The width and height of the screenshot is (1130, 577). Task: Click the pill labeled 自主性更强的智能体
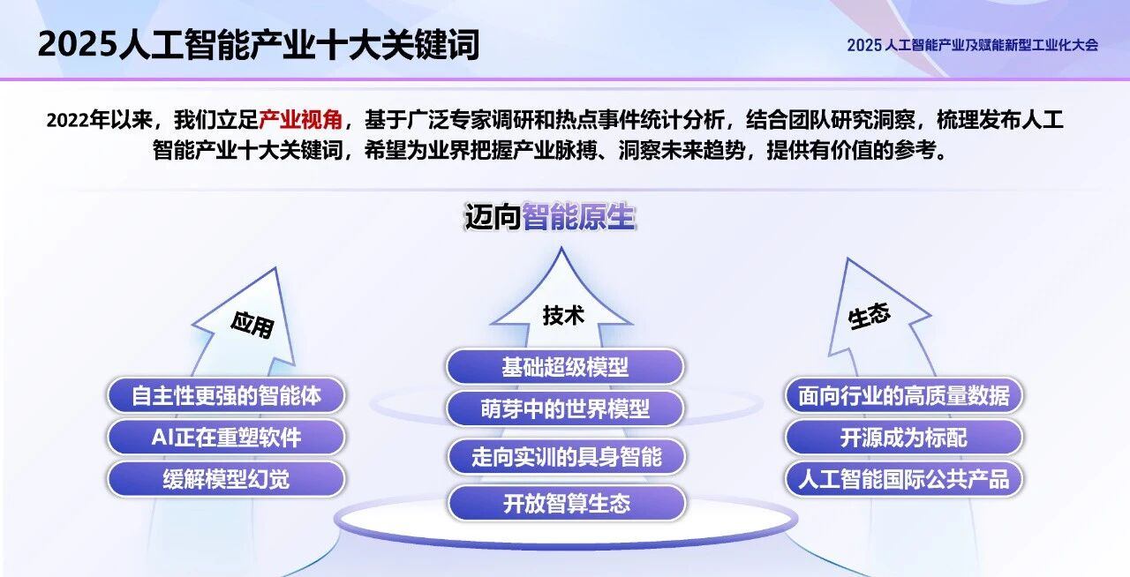point(226,395)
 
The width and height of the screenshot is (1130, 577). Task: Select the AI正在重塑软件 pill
point(226,437)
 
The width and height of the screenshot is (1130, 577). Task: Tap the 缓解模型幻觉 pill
point(226,479)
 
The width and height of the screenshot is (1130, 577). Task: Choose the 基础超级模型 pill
point(565,366)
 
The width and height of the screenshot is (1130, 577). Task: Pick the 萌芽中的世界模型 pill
point(565,408)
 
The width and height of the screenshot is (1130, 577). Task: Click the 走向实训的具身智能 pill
point(566,456)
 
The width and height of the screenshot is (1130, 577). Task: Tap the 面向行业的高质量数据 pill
point(904,395)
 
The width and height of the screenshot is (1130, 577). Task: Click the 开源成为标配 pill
point(904,437)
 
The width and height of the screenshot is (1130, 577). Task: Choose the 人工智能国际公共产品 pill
point(904,479)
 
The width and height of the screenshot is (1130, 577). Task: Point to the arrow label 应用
point(252,324)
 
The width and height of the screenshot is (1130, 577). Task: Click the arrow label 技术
point(563,315)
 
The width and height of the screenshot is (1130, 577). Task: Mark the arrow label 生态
point(870,317)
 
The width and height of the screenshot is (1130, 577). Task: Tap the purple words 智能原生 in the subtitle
point(578,217)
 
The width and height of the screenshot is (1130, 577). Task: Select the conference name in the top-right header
point(972,45)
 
